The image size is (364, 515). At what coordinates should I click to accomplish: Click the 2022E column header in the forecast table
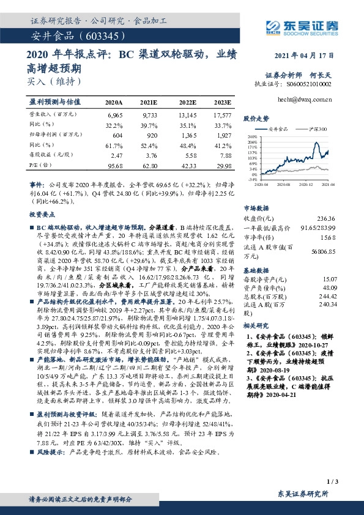pyautogui.click(x=188, y=103)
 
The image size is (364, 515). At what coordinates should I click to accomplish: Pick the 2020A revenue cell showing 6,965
pyautogui.click(x=114, y=115)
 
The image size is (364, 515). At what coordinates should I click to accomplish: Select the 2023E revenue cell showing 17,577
pyautogui.click(x=222, y=115)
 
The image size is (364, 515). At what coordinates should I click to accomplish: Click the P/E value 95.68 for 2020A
pyautogui.click(x=114, y=166)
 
